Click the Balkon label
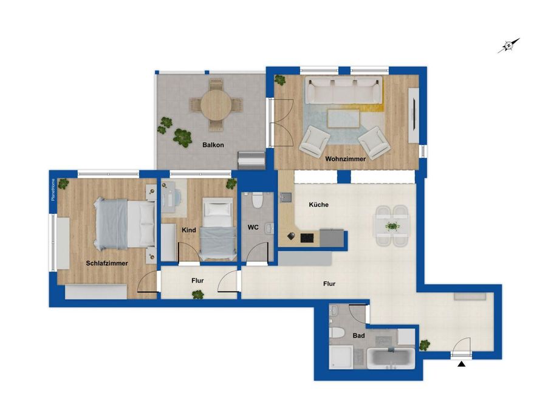(x=213, y=145)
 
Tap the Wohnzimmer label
(x=345, y=159)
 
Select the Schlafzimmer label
(x=106, y=263)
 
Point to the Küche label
(x=318, y=205)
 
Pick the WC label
(x=253, y=227)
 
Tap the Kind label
(x=188, y=230)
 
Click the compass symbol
(x=508, y=46)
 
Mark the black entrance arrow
(x=462, y=364)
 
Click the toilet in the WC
(x=257, y=199)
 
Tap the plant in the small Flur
(x=197, y=295)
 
